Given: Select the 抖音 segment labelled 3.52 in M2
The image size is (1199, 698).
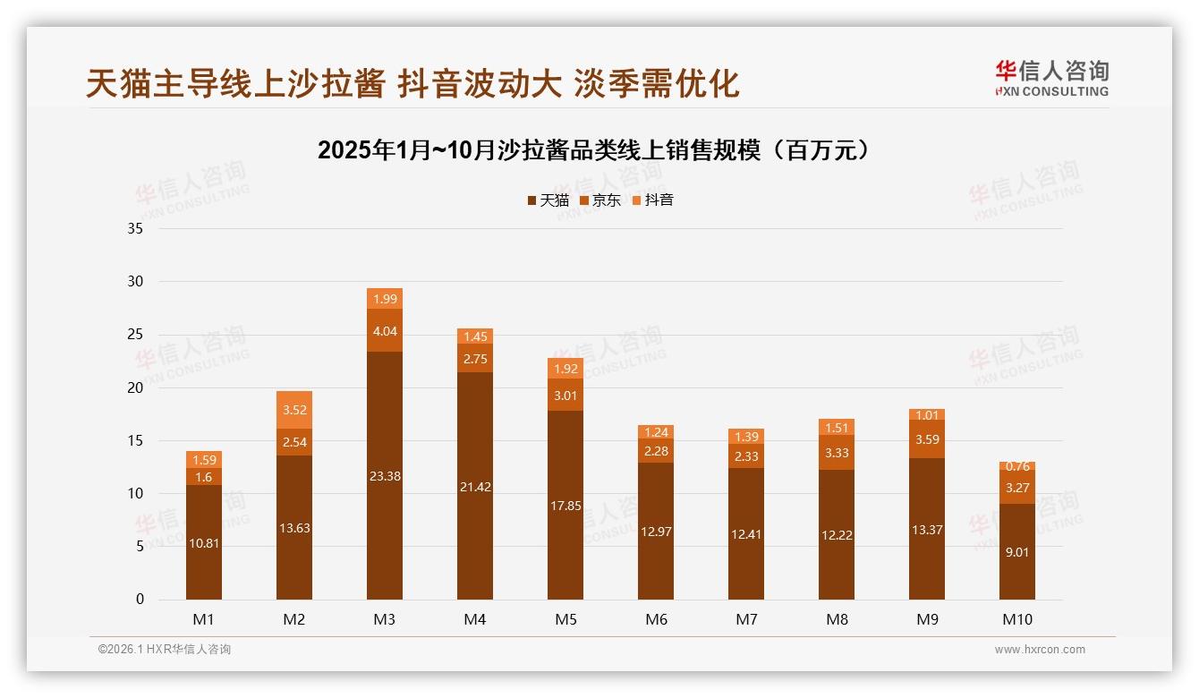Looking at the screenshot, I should click(294, 410).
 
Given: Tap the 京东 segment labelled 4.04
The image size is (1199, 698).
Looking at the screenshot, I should click(385, 331).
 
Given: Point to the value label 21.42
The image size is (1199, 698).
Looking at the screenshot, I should click(475, 487).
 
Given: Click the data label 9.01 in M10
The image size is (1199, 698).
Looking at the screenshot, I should click(1017, 552).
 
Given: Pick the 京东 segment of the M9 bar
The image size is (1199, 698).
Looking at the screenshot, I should click(927, 439).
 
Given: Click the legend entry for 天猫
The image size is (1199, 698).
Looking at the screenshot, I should click(548, 200).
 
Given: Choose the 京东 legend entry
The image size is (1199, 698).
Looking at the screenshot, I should click(599, 200).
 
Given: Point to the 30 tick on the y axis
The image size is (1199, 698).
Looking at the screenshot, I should click(135, 282).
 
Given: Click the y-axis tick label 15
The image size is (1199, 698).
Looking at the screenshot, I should click(135, 440).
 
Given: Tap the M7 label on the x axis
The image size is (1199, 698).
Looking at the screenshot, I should click(746, 619).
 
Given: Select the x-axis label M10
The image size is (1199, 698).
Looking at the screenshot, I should click(1017, 619).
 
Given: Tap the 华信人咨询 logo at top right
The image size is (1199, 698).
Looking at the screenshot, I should click(1051, 78).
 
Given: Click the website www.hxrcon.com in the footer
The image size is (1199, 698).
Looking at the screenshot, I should click(1040, 650).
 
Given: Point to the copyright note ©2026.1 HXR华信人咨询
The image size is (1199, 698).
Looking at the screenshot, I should click(165, 650).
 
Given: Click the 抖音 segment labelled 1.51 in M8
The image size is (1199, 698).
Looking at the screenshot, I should click(837, 427).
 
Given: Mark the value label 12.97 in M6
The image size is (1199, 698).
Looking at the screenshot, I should click(656, 532).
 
